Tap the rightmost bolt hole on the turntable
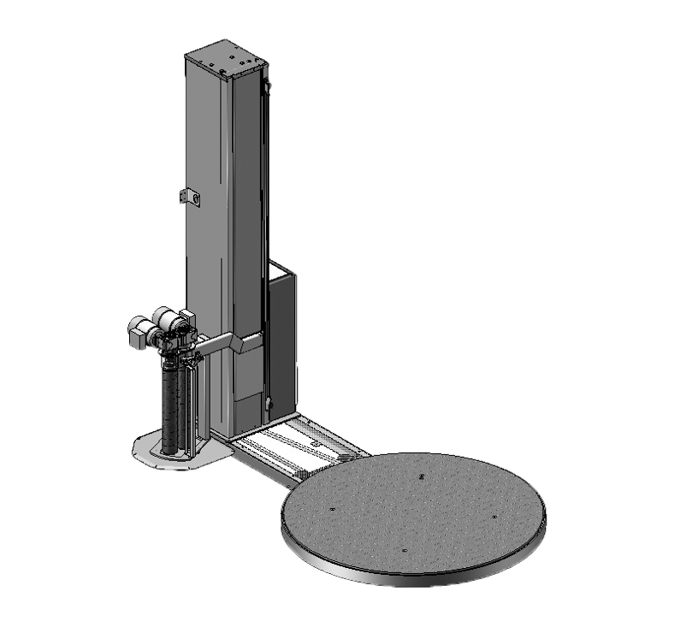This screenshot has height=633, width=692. pos(494,516)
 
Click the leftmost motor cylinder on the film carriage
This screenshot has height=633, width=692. pos(137,329)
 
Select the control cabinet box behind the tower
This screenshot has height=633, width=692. pos(281,334)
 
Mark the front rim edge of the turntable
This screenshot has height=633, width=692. pos(411,578)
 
